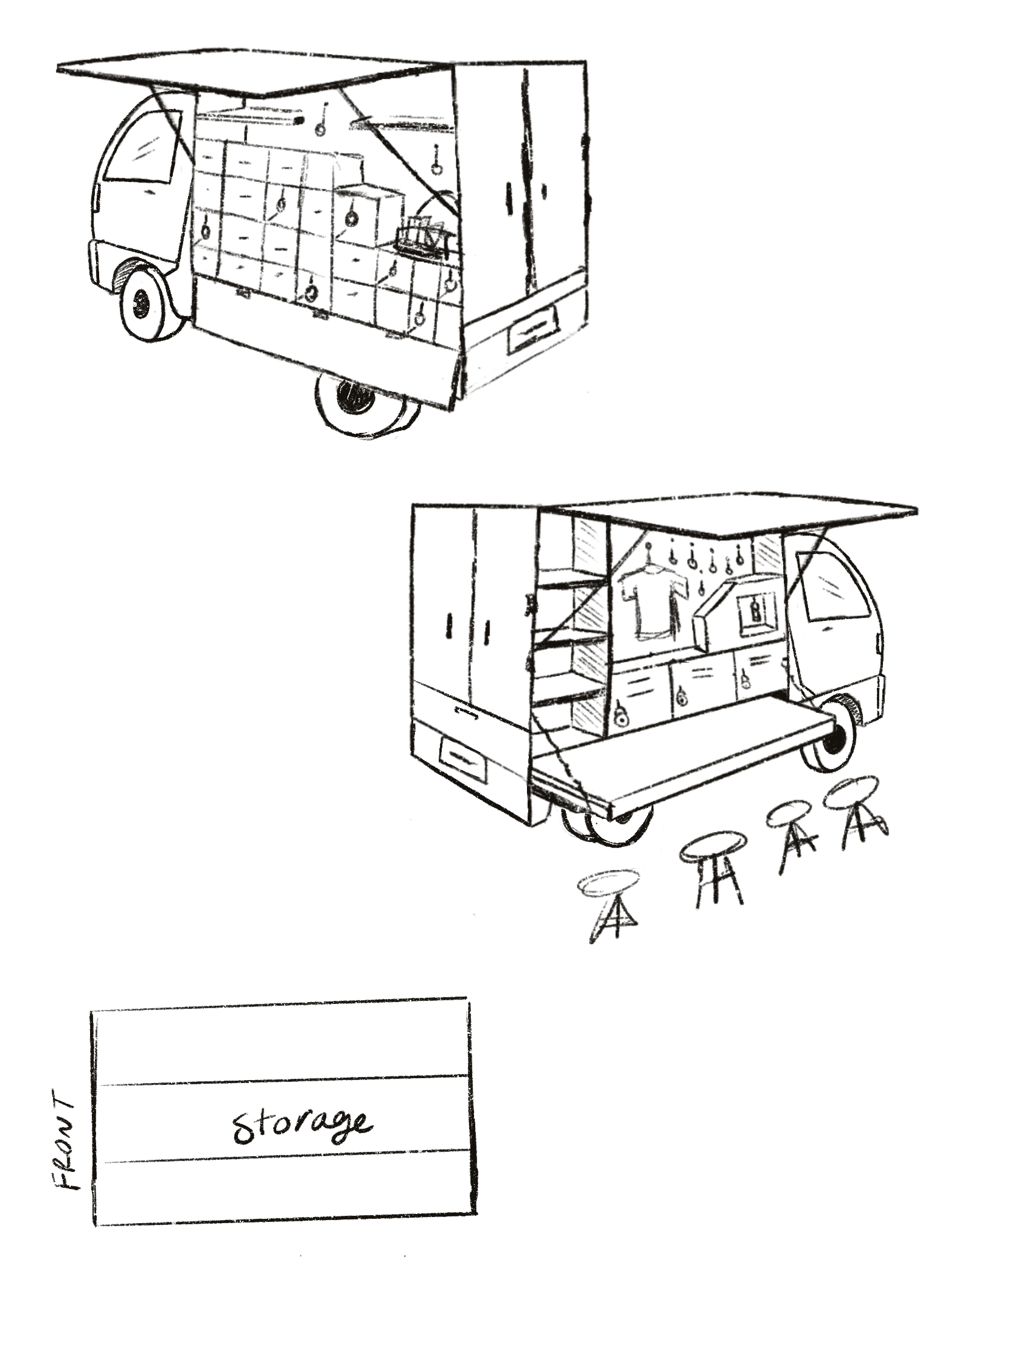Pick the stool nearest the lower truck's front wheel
tap(854, 811)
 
